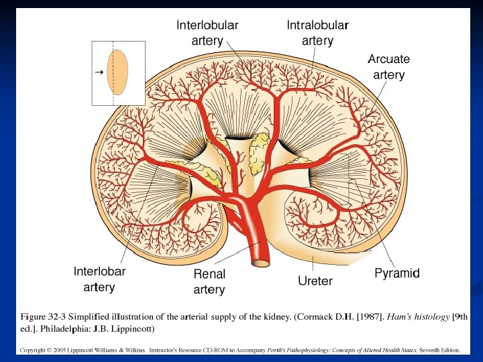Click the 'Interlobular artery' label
(207, 33)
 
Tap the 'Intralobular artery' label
(317, 33)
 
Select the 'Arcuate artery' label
(388, 66)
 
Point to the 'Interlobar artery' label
(99, 280)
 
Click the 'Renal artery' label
(209, 282)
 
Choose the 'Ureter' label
(315, 281)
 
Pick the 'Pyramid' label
(396, 274)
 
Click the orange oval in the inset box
(118, 72)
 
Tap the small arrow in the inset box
(98, 70)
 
